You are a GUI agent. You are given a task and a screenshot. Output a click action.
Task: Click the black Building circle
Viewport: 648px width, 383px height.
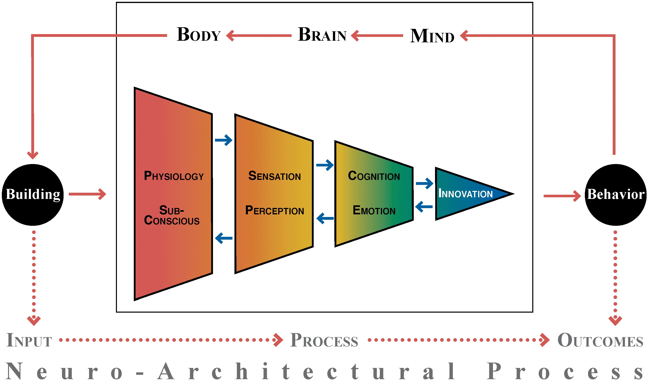click(33, 195)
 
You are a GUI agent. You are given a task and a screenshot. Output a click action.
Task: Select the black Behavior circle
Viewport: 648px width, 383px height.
click(616, 195)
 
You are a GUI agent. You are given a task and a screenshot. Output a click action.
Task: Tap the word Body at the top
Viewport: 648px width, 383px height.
click(199, 35)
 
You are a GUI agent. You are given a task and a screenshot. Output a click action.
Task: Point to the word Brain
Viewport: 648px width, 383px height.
click(322, 35)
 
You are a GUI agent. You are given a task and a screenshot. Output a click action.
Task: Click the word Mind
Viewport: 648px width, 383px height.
click(432, 36)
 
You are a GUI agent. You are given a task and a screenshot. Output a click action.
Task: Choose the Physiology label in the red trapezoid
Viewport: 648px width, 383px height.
click(174, 176)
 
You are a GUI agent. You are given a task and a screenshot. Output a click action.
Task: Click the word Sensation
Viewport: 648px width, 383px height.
click(275, 176)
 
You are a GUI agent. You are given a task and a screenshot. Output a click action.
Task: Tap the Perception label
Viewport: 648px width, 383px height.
click(275, 211)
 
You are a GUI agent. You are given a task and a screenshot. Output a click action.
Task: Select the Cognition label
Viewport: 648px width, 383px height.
click(374, 176)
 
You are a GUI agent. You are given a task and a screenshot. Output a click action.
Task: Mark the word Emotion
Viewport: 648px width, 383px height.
click(374, 211)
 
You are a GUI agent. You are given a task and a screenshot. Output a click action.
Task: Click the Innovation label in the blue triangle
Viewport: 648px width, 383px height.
click(465, 194)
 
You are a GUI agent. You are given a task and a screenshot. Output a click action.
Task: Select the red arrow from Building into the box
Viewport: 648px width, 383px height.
click(87, 194)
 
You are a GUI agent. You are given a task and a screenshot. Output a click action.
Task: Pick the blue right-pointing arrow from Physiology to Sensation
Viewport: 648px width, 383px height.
click(223, 140)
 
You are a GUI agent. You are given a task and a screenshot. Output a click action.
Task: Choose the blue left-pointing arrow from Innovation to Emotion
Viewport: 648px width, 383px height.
click(424, 207)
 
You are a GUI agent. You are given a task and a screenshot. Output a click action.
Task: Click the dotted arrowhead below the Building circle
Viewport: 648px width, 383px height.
click(34, 320)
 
